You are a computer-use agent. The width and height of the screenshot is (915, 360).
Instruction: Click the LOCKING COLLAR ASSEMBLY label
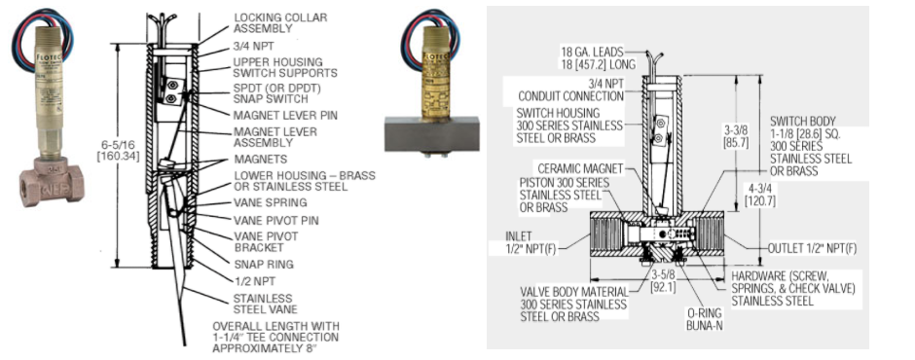point(280,22)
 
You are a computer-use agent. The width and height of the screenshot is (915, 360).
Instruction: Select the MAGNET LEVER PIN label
point(285,116)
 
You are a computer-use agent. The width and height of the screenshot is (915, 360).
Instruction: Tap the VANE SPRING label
point(271,203)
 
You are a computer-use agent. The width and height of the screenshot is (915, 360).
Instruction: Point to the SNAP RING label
point(263,265)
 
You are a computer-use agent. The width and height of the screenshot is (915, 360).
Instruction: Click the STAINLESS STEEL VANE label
point(266,304)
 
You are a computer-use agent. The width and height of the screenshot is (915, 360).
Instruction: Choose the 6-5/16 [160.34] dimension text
point(119,151)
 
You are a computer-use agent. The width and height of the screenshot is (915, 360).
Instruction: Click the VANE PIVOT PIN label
point(276,221)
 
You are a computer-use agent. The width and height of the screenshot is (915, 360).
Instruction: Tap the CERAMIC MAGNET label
point(579,168)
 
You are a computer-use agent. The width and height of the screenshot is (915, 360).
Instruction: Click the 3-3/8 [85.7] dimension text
point(735,136)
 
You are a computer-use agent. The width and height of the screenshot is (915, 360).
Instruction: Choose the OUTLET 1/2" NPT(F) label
point(812,248)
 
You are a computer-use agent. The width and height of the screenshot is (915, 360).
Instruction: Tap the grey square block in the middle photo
point(432,133)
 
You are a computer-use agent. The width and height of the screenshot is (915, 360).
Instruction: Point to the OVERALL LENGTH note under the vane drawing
point(275,338)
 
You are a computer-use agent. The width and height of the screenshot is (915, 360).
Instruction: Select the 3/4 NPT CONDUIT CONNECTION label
point(570,90)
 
